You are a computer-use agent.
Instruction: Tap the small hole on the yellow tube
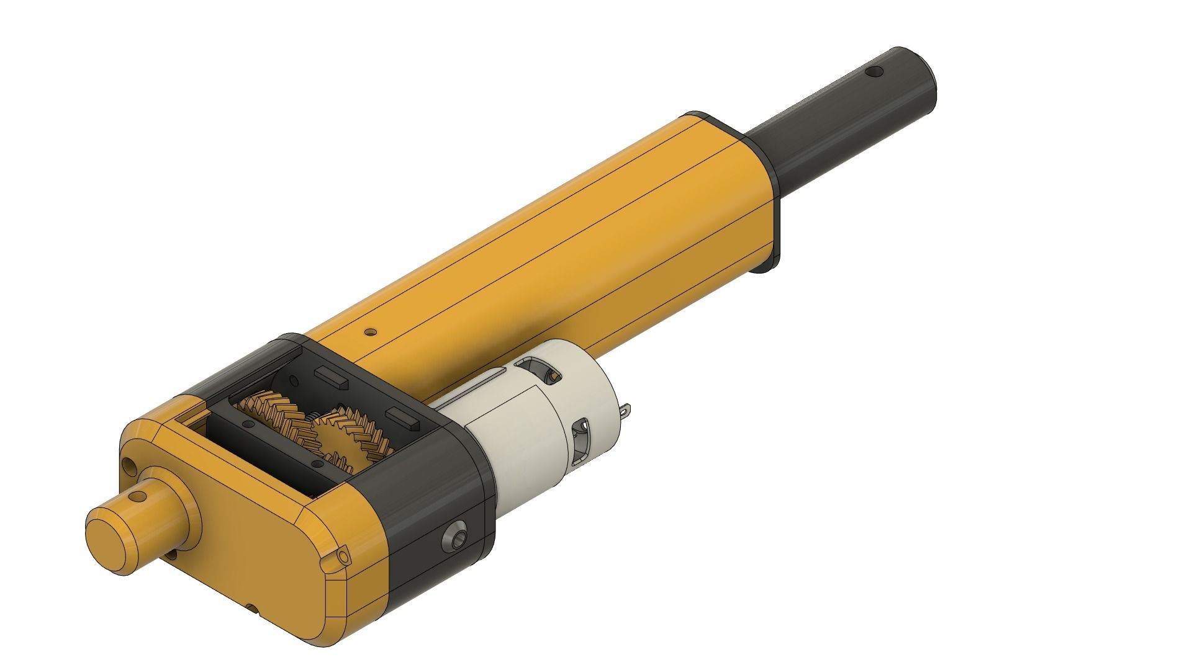click(371, 332)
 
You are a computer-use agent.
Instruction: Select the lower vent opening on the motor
click(581, 441)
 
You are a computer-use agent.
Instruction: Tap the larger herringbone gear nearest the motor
click(354, 434)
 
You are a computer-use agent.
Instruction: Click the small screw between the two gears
click(315, 414)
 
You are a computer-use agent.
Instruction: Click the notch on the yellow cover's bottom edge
click(251, 607)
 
